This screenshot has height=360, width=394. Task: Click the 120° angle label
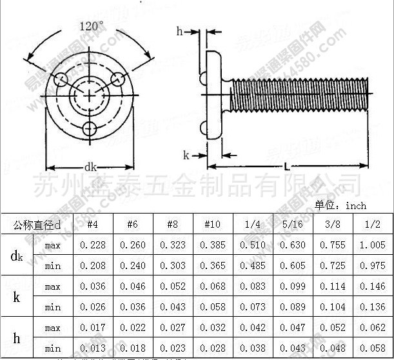click(x=91, y=26)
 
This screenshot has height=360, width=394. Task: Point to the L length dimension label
click(x=286, y=167)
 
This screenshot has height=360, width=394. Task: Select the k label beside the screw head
click(x=186, y=155)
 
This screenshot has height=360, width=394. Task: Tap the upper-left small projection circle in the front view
click(x=61, y=79)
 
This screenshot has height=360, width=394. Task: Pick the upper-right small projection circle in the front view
click(x=118, y=79)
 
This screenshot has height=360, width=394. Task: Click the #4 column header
click(x=92, y=224)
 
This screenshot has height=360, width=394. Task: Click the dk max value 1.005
click(x=373, y=245)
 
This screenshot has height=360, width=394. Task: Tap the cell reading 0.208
click(x=92, y=266)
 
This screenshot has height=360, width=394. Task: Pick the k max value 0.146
click(x=373, y=286)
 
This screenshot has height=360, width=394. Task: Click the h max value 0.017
click(x=92, y=328)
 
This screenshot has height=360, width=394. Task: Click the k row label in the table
click(x=17, y=297)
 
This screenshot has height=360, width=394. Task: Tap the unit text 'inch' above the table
click(x=355, y=205)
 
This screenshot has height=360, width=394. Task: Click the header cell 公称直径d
click(x=37, y=225)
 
